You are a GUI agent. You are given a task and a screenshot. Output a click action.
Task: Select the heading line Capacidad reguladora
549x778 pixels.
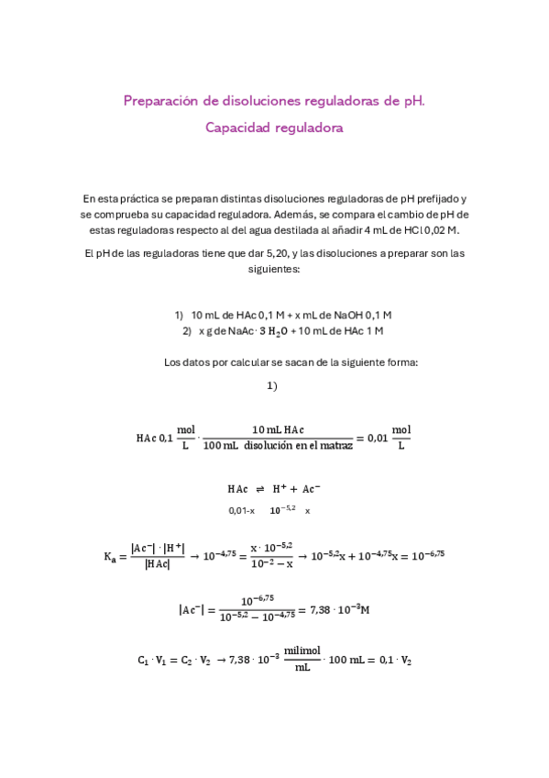coord(274,128)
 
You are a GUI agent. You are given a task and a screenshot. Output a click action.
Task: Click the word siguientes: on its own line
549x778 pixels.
coord(274,270)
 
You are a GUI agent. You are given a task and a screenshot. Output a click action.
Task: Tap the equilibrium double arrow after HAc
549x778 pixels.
coord(259,489)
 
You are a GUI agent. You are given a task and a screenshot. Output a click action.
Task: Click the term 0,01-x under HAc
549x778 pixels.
coord(242,510)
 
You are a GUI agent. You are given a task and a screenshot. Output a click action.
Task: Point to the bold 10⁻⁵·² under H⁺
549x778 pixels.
coord(282,509)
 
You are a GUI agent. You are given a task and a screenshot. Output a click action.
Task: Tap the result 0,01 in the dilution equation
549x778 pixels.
coord(377,438)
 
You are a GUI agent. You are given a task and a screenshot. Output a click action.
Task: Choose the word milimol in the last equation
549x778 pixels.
coord(301,650)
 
